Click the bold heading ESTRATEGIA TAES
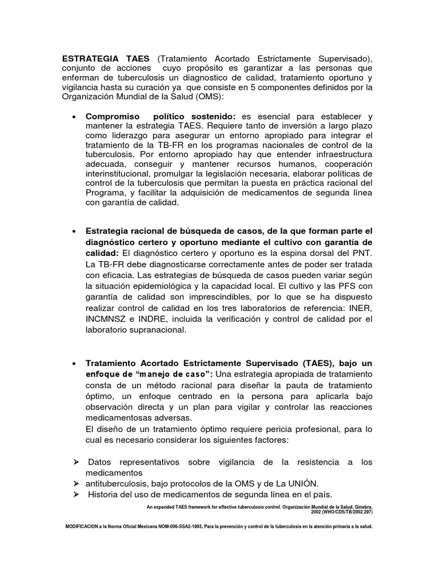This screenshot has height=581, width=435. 106,59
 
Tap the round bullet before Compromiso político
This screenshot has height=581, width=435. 75,116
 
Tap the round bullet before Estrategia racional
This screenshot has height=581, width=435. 75,232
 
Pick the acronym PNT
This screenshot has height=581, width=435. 361,252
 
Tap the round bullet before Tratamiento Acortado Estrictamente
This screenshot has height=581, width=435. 75,363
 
